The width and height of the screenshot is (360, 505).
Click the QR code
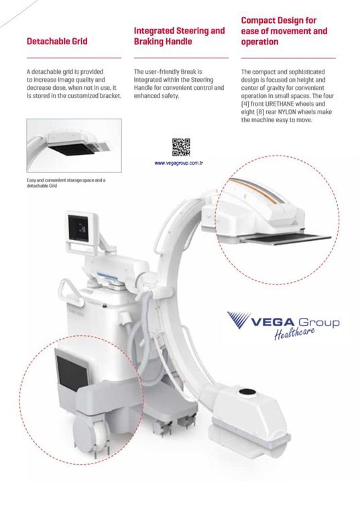pos(181,147)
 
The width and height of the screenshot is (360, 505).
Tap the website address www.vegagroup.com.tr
pos(178,163)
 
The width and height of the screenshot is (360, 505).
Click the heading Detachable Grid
pos(57,41)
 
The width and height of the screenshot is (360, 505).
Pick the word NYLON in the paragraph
pos(287,112)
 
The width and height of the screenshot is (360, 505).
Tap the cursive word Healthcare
pos(294,333)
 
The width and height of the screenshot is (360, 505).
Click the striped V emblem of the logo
pos(239,319)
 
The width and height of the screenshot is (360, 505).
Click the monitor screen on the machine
pos(78,228)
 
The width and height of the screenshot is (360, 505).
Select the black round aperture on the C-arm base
pos(247,392)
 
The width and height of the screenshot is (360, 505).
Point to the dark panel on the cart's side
pos(72,374)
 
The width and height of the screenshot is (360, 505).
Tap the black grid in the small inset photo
pos(72,149)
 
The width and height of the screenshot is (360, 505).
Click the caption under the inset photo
pos(66,183)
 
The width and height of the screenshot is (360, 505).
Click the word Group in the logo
pos(319,323)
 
